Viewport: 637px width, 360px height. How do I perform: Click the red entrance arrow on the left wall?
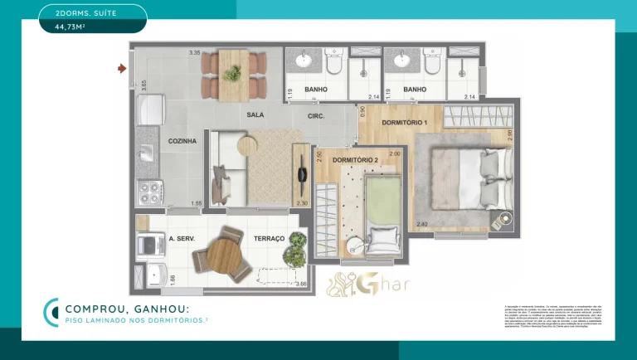pos(123,69)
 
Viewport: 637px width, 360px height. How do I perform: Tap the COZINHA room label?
pos(182,142)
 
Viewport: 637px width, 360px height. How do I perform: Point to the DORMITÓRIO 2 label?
pos(355,159)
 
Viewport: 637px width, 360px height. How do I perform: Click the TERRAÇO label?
pos(270,239)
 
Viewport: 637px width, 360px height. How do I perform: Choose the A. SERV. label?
pos(182,239)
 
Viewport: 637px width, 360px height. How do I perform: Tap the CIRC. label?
pos(316,115)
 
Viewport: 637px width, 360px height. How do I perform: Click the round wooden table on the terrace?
pos(223,254)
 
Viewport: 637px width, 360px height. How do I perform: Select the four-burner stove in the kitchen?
pos(148,193)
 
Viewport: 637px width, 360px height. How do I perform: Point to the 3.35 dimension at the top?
pos(195,53)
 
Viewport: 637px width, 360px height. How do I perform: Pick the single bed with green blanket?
pos(382,211)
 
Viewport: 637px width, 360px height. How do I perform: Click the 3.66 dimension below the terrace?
pos(301,285)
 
